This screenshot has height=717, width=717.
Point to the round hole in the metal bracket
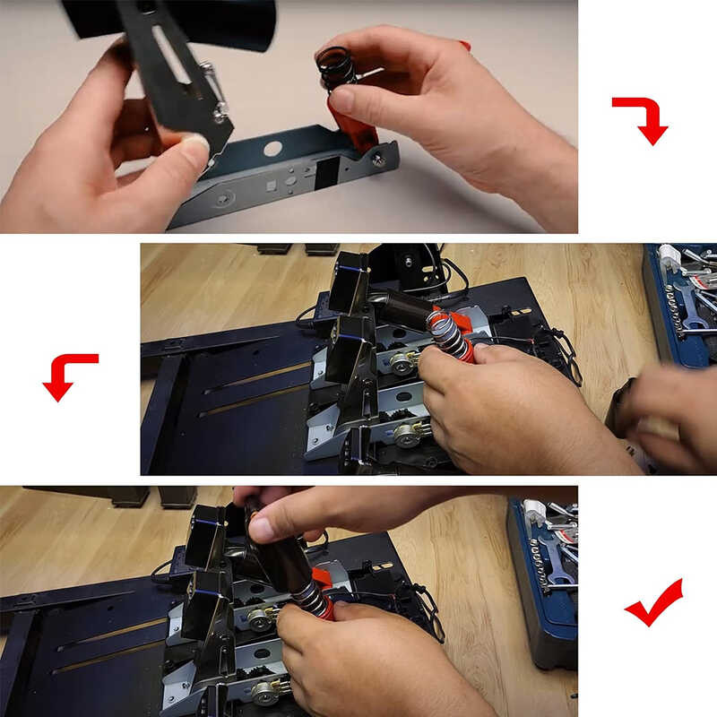pyautogui.click(x=272, y=149)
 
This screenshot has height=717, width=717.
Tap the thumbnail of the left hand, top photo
pyautogui.click(x=194, y=143)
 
